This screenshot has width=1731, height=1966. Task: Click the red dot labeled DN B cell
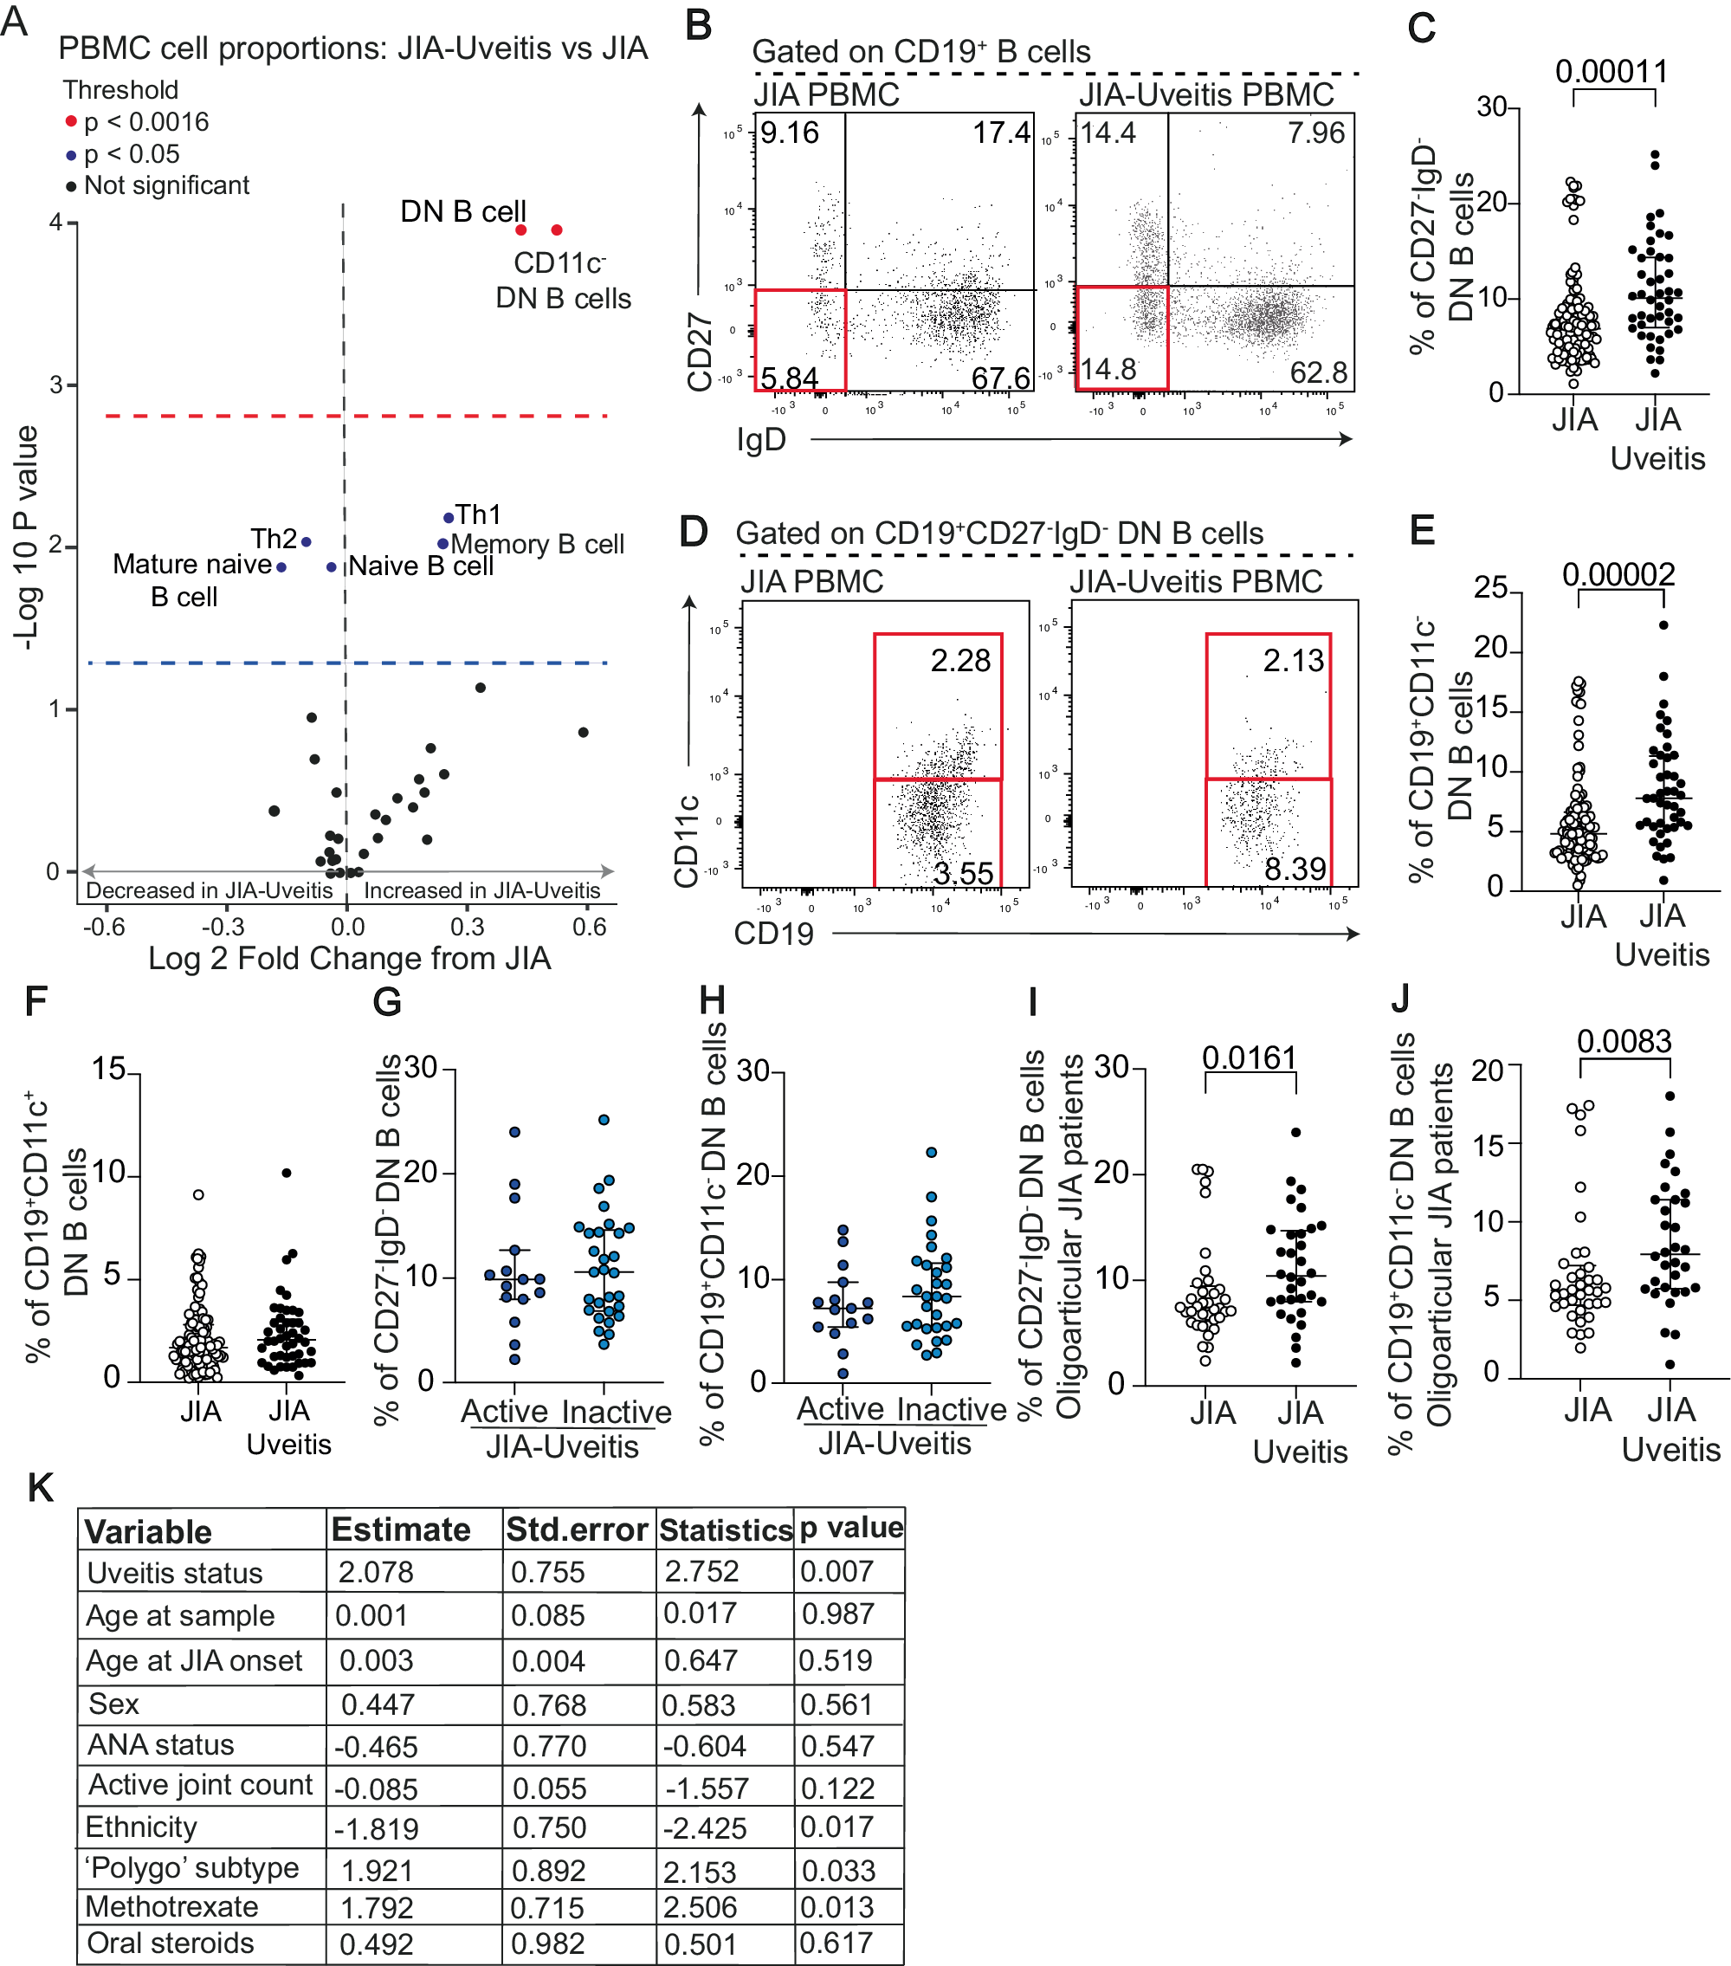[520, 230]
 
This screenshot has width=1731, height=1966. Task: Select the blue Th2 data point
[306, 542]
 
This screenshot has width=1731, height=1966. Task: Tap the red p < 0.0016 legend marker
[70, 122]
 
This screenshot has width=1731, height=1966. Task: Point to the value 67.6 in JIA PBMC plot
[1000, 378]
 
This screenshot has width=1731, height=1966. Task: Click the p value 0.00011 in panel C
[1612, 71]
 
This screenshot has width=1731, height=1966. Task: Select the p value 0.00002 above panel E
[1618, 574]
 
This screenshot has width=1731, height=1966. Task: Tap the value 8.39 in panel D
[1295, 870]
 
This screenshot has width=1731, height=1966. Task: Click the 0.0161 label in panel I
[1250, 1057]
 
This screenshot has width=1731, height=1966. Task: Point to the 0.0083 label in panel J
[1624, 1041]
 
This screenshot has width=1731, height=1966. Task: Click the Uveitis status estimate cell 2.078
[375, 1573]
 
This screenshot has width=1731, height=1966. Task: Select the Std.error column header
[577, 1530]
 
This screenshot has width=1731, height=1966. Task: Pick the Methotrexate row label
[171, 1906]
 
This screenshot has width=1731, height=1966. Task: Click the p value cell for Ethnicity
[836, 1827]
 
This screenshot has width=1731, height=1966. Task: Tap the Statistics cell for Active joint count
[707, 1788]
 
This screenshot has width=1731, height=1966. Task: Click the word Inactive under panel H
[951, 1409]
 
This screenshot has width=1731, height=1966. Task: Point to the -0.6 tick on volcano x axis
[103, 928]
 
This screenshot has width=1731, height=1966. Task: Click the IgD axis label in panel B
[760, 440]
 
